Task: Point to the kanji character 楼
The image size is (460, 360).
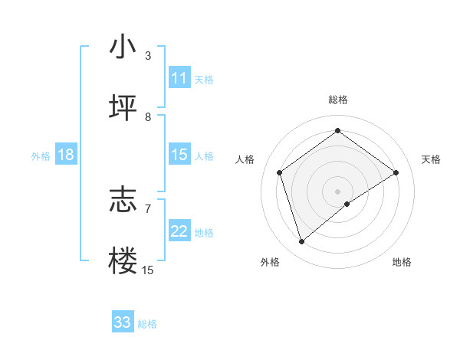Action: pyautogui.click(x=123, y=261)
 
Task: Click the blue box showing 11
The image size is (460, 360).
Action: pyautogui.click(x=179, y=78)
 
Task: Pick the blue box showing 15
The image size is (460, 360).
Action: pyautogui.click(x=179, y=155)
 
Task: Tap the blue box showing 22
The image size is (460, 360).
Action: pyautogui.click(x=179, y=231)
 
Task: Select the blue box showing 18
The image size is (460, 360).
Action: pyautogui.click(x=65, y=155)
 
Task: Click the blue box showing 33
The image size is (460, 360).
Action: pyautogui.click(x=122, y=322)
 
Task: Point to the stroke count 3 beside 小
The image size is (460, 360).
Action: pyautogui.click(x=148, y=55)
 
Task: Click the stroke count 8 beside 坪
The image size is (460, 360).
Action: pyautogui.click(x=148, y=116)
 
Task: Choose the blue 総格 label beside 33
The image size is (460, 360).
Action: pyautogui.click(x=147, y=324)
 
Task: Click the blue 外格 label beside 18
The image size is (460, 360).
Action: pyautogui.click(x=41, y=156)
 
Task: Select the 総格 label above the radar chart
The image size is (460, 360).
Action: pyautogui.click(x=337, y=100)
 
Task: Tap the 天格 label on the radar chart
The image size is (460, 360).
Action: pyautogui.click(x=431, y=159)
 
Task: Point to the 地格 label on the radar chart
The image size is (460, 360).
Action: pyautogui.click(x=402, y=262)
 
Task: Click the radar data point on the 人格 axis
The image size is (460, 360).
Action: pyautogui.click(x=280, y=172)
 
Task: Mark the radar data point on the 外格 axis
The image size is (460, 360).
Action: pyautogui.click(x=302, y=242)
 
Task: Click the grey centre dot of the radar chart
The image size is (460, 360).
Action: pyautogui.click(x=337, y=191)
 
